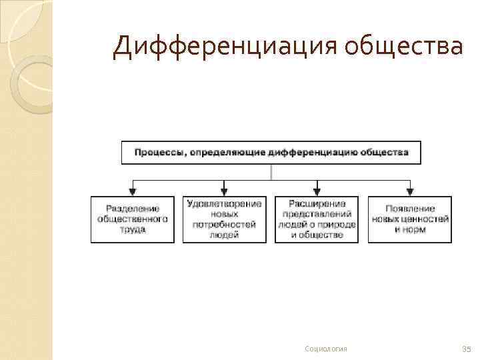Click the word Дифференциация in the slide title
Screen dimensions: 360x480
pyautogui.click(x=225, y=47)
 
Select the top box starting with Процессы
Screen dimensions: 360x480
pyautogui.click(x=271, y=153)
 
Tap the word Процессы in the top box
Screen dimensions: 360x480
pyautogui.click(x=160, y=153)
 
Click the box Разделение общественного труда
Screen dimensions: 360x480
pyautogui.click(x=133, y=219)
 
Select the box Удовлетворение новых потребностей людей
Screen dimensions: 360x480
pyautogui.click(x=224, y=219)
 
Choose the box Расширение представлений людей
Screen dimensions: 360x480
pyautogui.click(x=316, y=219)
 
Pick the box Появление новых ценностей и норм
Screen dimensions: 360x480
pyautogui.click(x=409, y=219)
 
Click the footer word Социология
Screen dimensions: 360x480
pyautogui.click(x=325, y=349)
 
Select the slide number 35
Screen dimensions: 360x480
pyautogui.click(x=466, y=349)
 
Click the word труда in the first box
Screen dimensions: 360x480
pyautogui.click(x=133, y=229)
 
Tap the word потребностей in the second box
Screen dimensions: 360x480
pyautogui.click(x=224, y=225)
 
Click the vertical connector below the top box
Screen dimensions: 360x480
pyautogui.click(x=271, y=172)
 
